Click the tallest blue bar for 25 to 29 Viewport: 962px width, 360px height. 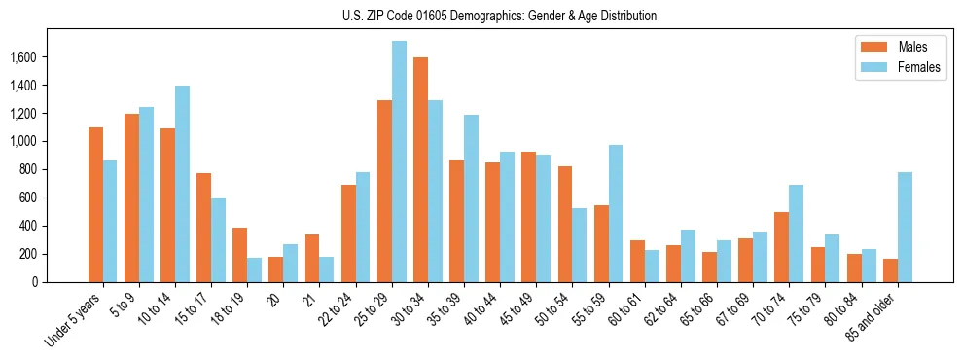pos(399,162)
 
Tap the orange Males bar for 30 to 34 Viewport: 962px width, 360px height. pos(420,170)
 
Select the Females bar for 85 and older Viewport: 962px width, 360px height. pos(905,227)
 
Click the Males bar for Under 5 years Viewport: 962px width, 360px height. pos(95,204)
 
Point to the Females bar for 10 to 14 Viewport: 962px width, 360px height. pos(182,184)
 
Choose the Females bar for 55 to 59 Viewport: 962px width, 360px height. pos(616,214)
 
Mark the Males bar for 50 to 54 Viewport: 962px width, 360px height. pos(565,224)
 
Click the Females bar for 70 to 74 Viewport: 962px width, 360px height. pos(797,234)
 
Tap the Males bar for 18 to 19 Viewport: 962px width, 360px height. pos(239,255)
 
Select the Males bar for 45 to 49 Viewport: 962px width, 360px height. pos(528,217)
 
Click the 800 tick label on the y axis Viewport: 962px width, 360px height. pos(27,170)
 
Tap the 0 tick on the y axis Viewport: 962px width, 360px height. pos(34,282)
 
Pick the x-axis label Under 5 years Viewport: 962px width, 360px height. pos(74,321)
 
